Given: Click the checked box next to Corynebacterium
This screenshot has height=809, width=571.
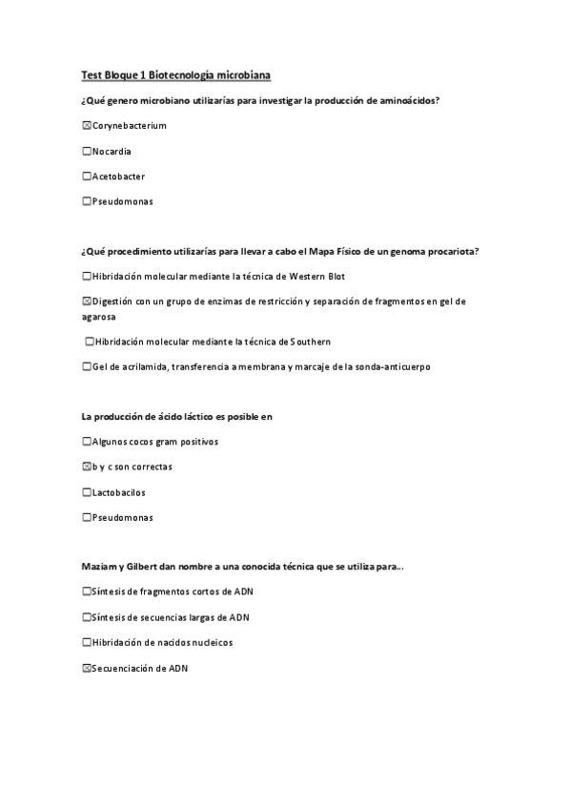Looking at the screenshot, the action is coord(87,126).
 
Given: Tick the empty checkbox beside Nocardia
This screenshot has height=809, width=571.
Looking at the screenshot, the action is coord(87,151).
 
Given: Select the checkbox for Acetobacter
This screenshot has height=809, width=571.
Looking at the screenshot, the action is coord(87,176).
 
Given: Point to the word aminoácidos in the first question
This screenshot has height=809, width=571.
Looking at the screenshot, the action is coord(407,100).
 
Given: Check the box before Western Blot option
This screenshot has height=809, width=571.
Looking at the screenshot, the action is coord(87,276).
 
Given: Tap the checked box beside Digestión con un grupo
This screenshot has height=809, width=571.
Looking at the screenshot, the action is coord(87,301).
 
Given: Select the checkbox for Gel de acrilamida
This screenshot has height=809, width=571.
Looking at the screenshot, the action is coord(87,366).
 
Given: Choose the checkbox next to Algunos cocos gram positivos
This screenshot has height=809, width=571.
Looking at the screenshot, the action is coord(87,442).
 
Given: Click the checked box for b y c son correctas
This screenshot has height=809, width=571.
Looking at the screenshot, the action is coord(87,467).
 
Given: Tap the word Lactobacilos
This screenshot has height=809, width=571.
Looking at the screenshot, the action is coord(119,492).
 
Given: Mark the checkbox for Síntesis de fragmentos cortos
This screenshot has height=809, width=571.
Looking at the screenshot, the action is coord(87,591).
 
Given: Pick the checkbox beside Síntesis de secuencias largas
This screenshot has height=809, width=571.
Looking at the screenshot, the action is coord(87,617).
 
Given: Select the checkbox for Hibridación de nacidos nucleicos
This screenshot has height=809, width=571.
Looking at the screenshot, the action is coord(87,643).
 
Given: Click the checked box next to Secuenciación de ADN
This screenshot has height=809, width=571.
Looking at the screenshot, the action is coord(87,669).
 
